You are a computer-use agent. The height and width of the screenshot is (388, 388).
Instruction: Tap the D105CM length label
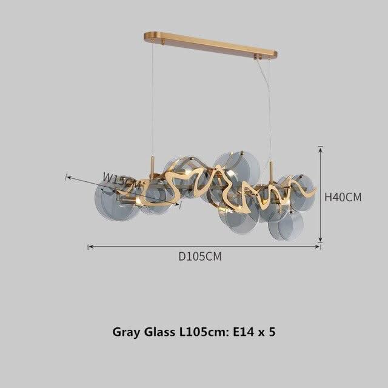pyautogui.click(x=199, y=256)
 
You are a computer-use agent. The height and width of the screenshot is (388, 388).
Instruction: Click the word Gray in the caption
pyautogui.click(x=126, y=332)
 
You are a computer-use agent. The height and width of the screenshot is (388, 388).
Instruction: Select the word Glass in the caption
pyautogui.click(x=159, y=332)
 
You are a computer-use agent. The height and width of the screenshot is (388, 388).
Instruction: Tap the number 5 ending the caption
pyautogui.click(x=273, y=332)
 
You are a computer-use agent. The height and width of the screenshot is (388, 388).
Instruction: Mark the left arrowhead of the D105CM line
pyautogui.click(x=90, y=247)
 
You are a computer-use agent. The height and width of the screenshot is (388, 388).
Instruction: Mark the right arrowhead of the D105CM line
pyautogui.click(x=319, y=247)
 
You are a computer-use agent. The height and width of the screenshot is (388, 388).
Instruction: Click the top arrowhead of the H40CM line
pyautogui.click(x=319, y=148)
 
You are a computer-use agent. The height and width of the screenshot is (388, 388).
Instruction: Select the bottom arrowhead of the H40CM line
pyautogui.click(x=319, y=242)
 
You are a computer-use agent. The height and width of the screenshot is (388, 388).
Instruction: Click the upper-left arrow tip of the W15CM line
pyautogui.click(x=68, y=177)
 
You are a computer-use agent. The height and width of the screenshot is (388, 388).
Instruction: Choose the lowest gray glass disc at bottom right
pyautogui.click(x=287, y=226)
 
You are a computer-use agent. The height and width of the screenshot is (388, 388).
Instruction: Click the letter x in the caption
pyautogui.click(x=261, y=333)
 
